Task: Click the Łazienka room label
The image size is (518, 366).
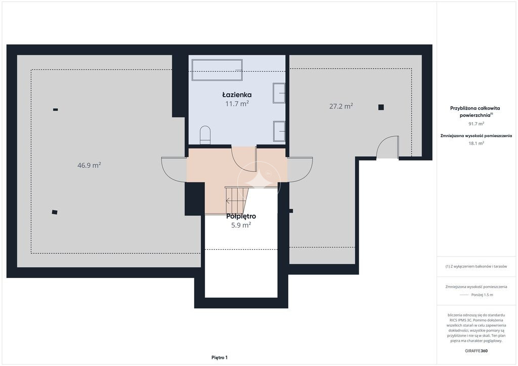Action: tap(237, 95)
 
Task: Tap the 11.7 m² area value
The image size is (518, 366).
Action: tap(237, 104)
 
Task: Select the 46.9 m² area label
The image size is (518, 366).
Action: tap(89, 165)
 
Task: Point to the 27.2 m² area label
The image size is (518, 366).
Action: tap(341, 106)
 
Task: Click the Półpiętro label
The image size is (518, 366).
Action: tap(241, 216)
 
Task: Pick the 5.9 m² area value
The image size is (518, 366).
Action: tap(241, 225)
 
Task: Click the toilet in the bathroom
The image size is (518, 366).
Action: tap(205, 134)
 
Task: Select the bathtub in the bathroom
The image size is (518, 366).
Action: tap(217, 70)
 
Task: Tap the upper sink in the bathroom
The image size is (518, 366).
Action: tap(279, 93)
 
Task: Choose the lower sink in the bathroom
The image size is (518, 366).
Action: tap(279, 131)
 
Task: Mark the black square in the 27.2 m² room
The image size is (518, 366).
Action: tap(381, 107)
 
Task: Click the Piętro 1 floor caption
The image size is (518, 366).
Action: tap(220, 357)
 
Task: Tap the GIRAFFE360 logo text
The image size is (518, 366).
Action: tap(476, 351)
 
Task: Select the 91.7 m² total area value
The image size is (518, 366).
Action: tap(477, 124)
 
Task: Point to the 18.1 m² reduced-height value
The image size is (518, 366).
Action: tap(477, 143)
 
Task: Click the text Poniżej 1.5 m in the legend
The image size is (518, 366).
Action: tap(482, 295)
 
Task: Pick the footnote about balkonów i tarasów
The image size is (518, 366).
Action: tap(476, 266)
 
